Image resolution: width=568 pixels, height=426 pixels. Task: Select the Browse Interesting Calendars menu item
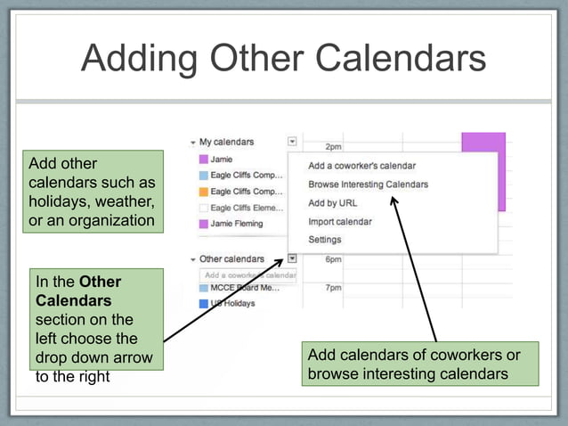[368, 184]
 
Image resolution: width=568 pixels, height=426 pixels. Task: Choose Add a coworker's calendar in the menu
[361, 166]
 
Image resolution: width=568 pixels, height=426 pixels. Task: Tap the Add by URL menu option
[333, 203]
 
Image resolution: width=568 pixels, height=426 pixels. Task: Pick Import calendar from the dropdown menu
[340, 221]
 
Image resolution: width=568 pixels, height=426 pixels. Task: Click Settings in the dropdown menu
[324, 240]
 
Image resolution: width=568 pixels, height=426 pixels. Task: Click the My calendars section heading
[226, 142]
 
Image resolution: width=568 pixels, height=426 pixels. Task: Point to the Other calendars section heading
[231, 259]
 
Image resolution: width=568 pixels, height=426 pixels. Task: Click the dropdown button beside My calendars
[292, 142]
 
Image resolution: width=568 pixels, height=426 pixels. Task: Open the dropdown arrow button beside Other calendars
[292, 259]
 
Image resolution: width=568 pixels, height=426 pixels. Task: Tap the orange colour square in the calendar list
[204, 192]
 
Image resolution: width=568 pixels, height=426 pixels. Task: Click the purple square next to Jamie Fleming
[204, 224]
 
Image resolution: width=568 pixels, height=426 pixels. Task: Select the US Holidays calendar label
[233, 304]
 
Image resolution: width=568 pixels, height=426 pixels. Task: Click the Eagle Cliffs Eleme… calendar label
[247, 208]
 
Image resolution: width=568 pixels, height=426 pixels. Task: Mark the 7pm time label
[334, 289]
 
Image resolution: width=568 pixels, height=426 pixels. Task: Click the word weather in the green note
[125, 201]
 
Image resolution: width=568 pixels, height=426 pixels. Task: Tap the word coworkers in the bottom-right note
[468, 356]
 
